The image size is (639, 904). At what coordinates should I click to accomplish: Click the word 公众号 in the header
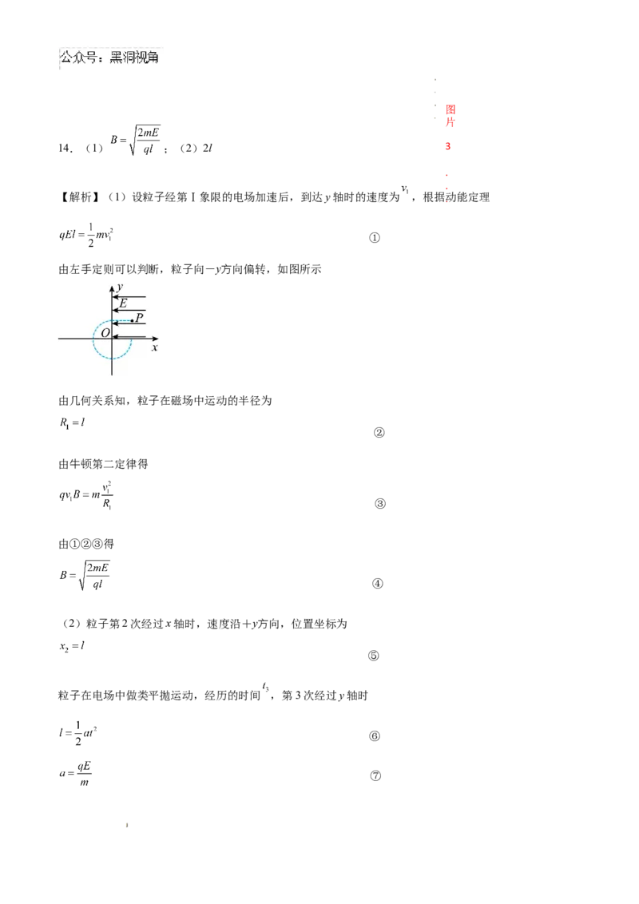click(78, 57)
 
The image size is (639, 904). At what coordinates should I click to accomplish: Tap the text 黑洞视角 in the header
click(137, 57)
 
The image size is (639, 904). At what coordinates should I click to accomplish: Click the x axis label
click(154, 348)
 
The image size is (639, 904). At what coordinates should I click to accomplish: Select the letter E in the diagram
click(123, 303)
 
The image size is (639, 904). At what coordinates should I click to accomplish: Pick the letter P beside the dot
click(140, 318)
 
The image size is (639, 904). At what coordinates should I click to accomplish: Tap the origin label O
click(105, 332)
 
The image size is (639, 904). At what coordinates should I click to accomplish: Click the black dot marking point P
click(132, 321)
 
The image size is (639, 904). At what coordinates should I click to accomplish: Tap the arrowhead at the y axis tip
click(113, 286)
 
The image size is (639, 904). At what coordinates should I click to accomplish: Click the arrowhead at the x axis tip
click(155, 339)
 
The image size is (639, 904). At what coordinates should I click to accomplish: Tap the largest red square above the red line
click(450, 109)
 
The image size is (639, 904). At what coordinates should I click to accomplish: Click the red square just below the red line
click(448, 147)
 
